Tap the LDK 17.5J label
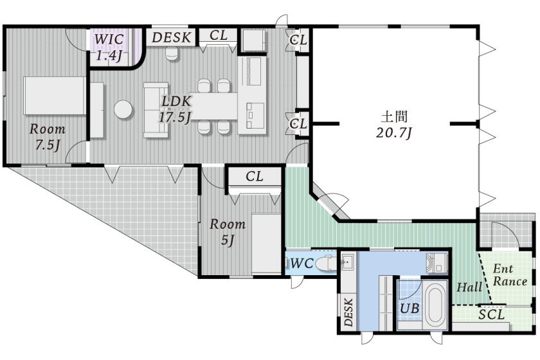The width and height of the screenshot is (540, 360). click(175, 109)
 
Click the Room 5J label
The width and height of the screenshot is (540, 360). click(228, 231)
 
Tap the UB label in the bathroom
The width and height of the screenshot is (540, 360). click(410, 309)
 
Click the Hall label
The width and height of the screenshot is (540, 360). click(469, 288)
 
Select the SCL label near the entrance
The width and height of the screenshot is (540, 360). click(491, 315)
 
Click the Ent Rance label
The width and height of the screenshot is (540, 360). click(510, 275)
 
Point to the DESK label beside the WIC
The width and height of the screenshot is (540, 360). click(172, 37)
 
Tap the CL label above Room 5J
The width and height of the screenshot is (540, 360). click(255, 176)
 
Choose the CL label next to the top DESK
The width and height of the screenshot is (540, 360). click(219, 35)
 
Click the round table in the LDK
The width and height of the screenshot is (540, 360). click(124, 109)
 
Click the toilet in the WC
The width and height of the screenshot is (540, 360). click(327, 263)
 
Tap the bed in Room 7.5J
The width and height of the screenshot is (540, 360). click(55, 96)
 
